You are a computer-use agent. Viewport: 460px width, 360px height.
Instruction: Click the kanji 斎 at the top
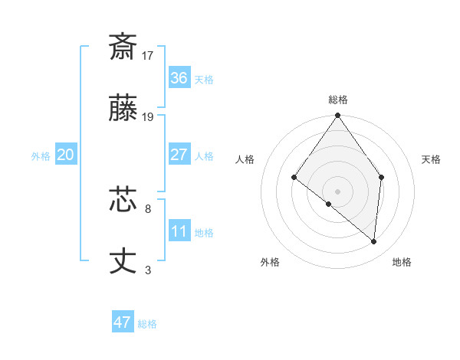pyautogui.click(x=123, y=47)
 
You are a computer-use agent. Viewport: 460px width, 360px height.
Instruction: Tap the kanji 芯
pyautogui.click(x=123, y=201)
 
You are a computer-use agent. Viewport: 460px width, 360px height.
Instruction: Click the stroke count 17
pyautogui.click(x=148, y=55)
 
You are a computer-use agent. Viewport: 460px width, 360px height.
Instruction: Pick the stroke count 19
pyautogui.click(x=148, y=117)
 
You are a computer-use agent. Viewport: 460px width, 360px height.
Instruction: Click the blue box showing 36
pyautogui.click(x=179, y=78)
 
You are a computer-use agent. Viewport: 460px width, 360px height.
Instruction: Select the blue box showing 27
pyautogui.click(x=179, y=155)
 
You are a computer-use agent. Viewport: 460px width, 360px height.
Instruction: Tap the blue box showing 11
pyautogui.click(x=179, y=231)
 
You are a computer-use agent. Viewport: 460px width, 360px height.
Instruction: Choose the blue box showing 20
pyautogui.click(x=66, y=155)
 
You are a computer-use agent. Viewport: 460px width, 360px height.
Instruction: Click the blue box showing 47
pyautogui.click(x=123, y=322)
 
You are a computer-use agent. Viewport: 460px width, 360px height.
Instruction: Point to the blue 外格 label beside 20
pyautogui.click(x=41, y=156)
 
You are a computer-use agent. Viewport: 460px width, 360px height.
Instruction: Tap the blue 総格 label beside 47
pyautogui.click(x=147, y=324)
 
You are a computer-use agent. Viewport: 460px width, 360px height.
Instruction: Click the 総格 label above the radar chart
pyautogui.click(x=338, y=100)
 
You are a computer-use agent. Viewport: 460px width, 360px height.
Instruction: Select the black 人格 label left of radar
pyautogui.click(x=245, y=159)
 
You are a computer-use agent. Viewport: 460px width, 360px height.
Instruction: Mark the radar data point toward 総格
pyautogui.click(x=338, y=116)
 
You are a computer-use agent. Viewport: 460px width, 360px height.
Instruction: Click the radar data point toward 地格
pyautogui.click(x=374, y=241)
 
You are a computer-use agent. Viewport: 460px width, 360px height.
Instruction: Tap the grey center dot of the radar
pyautogui.click(x=338, y=191)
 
